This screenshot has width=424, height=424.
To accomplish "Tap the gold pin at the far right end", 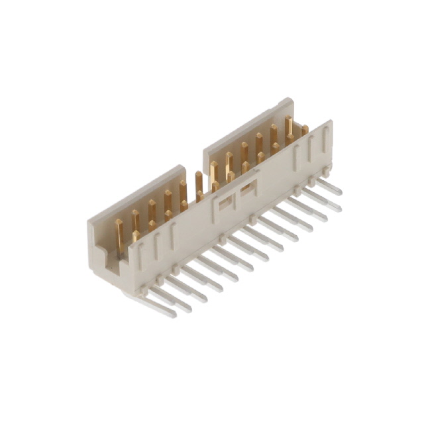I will [x=305, y=131].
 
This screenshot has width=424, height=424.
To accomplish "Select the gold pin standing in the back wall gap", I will [x=199, y=185].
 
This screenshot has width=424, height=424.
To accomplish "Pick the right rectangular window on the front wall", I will [x=248, y=190].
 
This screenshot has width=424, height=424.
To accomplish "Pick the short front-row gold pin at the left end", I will [x=136, y=235].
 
